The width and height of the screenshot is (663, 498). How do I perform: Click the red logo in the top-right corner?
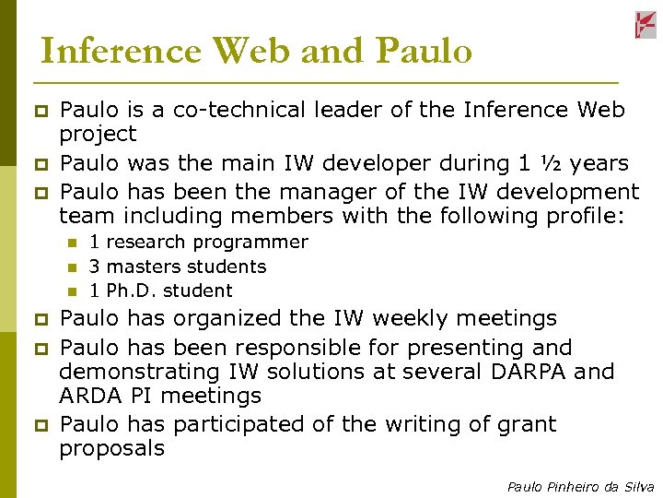click(646, 25)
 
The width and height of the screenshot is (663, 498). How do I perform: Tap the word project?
click(98, 135)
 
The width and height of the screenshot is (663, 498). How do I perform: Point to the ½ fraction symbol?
click(552, 163)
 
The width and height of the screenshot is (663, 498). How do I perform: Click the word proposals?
click(112, 449)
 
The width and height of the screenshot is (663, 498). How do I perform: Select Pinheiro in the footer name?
click(576, 486)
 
